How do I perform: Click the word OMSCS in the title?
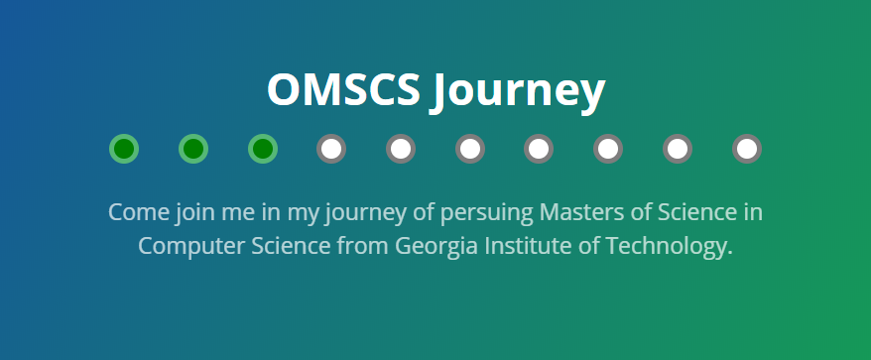point(343,89)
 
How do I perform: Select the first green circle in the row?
point(124,149)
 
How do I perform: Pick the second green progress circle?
point(193,149)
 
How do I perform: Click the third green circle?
point(263,149)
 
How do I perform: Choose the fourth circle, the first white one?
point(331,149)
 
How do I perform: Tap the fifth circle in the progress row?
point(401,149)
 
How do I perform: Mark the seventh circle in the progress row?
point(539,149)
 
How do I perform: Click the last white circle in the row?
point(747,149)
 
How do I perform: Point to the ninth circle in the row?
point(678,149)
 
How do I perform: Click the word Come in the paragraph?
point(139,213)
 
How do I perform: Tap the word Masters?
point(582,213)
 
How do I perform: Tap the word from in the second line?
point(363,246)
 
